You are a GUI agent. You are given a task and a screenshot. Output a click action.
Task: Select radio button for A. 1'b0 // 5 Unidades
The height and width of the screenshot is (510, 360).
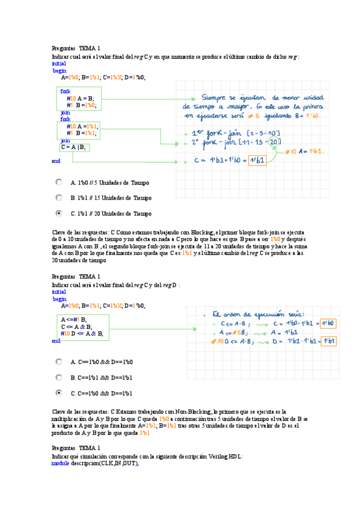(58, 182)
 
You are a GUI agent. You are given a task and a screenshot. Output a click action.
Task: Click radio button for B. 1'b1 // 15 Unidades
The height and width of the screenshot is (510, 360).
(58, 197)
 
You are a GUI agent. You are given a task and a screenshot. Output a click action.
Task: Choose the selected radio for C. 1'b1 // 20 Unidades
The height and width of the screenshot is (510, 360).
(58, 213)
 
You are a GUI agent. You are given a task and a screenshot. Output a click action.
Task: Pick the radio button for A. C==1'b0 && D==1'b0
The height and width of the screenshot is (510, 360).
(58, 362)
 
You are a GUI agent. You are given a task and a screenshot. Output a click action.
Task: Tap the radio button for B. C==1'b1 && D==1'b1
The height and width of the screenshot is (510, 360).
(58, 378)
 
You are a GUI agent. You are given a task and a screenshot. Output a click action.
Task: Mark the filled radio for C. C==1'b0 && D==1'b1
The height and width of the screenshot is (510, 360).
(58, 393)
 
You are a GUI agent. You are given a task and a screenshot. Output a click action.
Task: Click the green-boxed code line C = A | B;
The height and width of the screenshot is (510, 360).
(74, 147)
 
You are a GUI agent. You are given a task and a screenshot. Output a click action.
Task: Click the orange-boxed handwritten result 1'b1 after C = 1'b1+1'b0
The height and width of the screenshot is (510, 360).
(257, 161)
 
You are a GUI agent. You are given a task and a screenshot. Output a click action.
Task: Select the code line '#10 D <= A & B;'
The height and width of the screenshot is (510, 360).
(82, 333)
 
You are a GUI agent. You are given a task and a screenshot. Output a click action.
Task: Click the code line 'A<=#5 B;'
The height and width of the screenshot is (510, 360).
(75, 319)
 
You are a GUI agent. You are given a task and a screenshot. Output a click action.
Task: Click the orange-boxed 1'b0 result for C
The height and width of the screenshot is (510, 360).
(328, 323)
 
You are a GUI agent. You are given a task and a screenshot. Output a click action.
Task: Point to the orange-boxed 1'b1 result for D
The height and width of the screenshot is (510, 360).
(329, 341)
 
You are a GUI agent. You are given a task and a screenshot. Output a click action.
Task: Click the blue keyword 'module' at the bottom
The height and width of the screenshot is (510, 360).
(61, 464)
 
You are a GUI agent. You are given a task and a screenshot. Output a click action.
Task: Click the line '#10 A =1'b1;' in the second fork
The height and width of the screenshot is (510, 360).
(82, 126)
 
